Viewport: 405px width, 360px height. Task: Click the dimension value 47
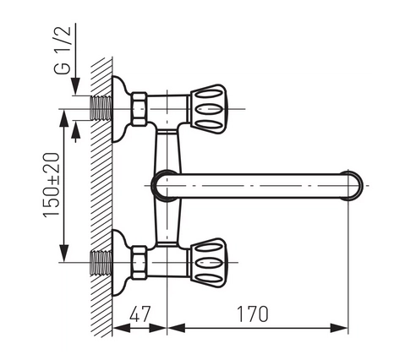tap(140, 314)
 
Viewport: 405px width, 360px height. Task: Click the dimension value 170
tap(252, 314)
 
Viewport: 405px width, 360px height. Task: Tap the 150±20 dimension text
tap(52, 185)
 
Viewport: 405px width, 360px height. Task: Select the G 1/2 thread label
tap(62, 51)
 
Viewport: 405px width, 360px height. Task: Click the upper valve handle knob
tap(208, 109)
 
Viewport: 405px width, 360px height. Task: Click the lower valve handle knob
tap(208, 263)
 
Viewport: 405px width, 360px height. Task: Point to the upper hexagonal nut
tap(140, 109)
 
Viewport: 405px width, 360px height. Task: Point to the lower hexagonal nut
tap(140, 263)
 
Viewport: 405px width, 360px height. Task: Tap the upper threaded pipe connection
tap(101, 108)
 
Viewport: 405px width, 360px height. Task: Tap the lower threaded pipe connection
tap(101, 263)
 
